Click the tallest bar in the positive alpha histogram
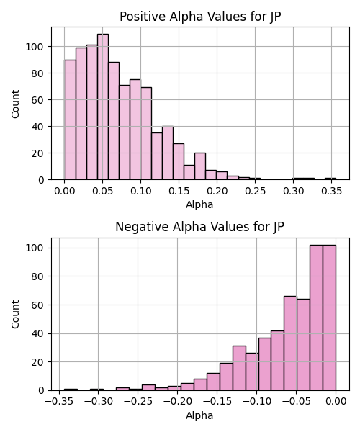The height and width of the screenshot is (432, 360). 103,107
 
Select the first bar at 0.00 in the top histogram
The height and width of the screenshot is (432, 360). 70,120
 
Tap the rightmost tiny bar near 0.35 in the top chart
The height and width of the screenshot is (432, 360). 330,179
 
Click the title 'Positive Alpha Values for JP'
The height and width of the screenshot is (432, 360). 200,17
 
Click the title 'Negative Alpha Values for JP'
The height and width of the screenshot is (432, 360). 199,227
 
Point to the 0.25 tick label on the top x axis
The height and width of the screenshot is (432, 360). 255,191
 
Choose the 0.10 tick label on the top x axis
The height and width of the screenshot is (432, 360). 140,191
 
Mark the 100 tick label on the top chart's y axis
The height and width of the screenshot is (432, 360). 35,47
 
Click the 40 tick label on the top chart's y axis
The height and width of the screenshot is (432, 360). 37,127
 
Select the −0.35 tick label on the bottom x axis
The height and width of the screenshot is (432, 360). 59,402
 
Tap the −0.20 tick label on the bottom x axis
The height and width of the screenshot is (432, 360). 177,402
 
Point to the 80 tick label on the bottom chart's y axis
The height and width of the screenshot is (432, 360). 37,276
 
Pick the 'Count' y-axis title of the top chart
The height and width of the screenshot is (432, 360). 15,104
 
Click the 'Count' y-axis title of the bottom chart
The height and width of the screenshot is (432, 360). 15,315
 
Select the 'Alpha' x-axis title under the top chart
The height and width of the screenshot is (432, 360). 199,205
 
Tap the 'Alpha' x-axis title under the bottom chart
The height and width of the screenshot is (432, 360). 199,415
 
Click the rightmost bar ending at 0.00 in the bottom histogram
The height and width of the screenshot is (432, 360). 329,318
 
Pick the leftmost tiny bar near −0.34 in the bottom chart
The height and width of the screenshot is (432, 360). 71,390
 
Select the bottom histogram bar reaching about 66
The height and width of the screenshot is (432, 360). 290,343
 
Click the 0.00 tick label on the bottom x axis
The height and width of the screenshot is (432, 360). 336,402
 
